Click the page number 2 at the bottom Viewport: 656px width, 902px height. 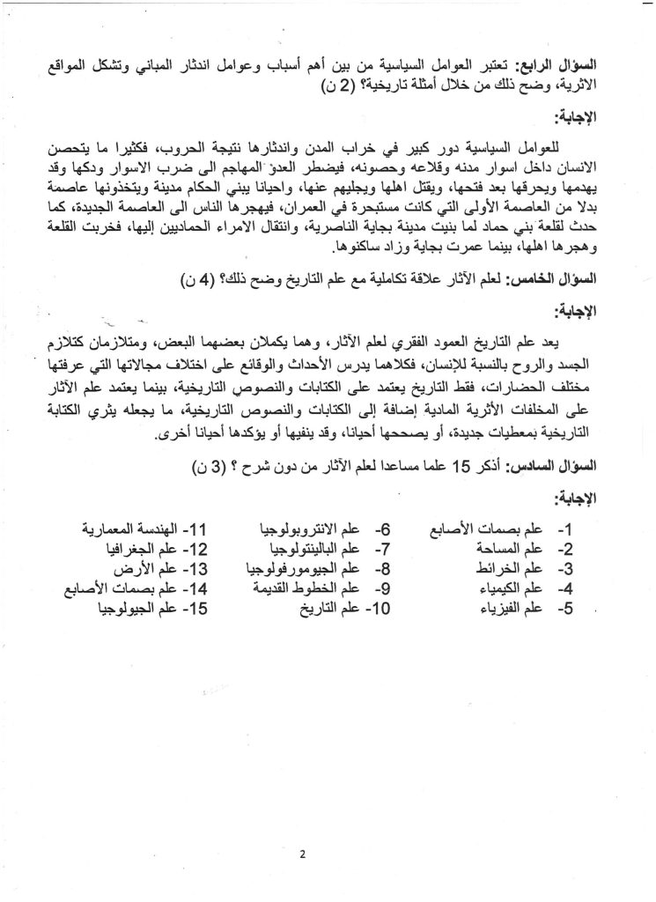[x=326, y=852]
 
